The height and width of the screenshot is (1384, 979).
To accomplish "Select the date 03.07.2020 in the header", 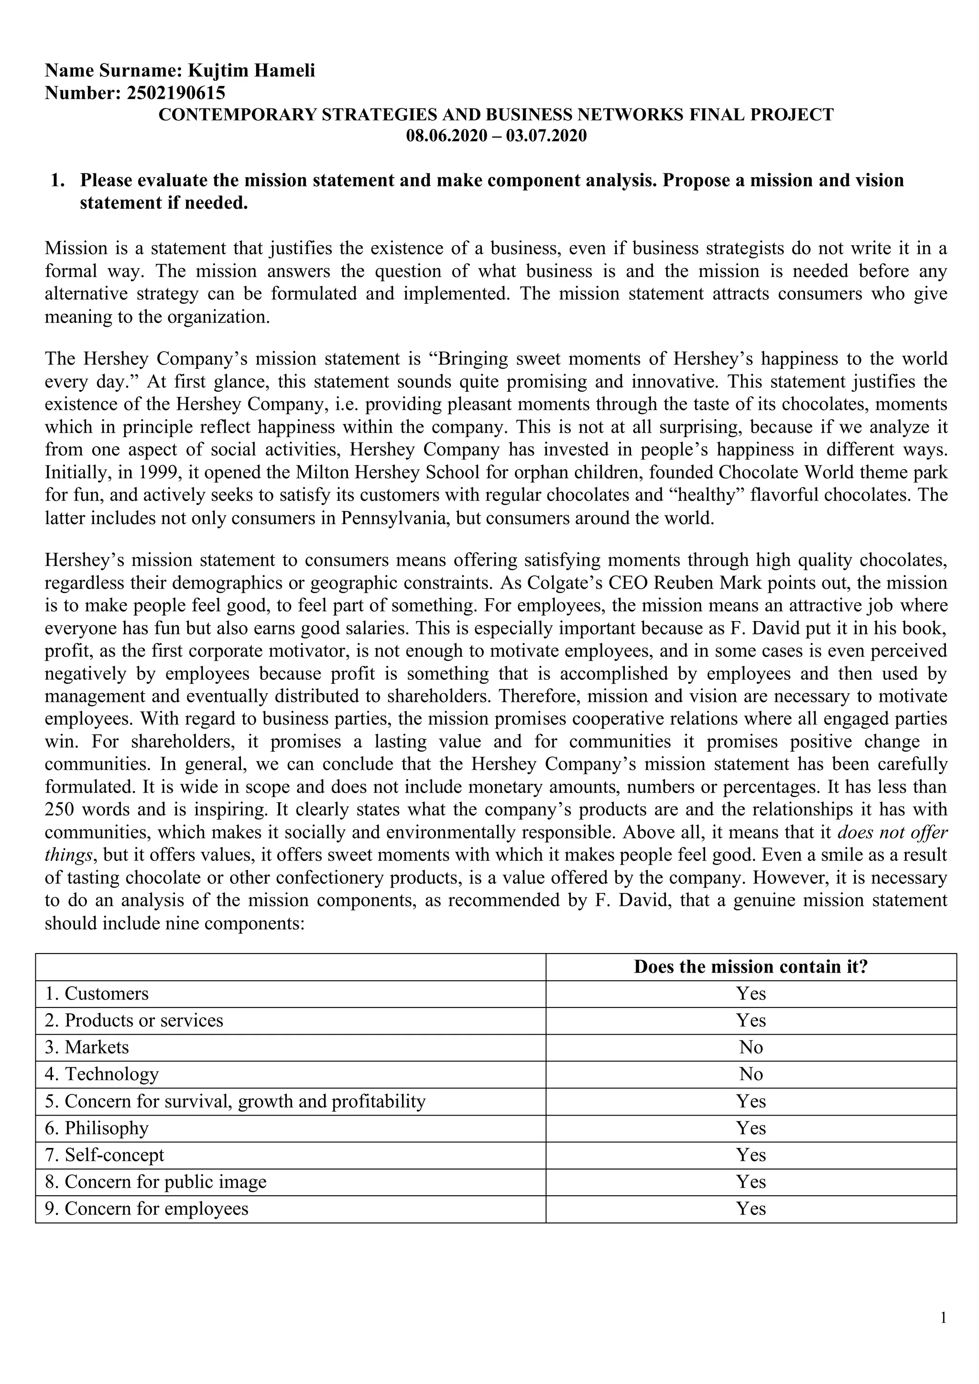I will pyautogui.click(x=546, y=136).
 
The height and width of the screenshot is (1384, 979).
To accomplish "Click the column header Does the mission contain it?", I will pyautogui.click(x=751, y=967).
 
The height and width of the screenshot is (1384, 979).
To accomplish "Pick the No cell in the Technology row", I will pyautogui.click(x=751, y=1073).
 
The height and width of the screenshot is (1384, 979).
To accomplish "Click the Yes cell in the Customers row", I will pyautogui.click(x=751, y=993).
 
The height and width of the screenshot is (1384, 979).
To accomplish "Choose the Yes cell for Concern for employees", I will pyautogui.click(x=751, y=1208).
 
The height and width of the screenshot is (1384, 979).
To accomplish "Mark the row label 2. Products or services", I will pyautogui.click(x=134, y=1020).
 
